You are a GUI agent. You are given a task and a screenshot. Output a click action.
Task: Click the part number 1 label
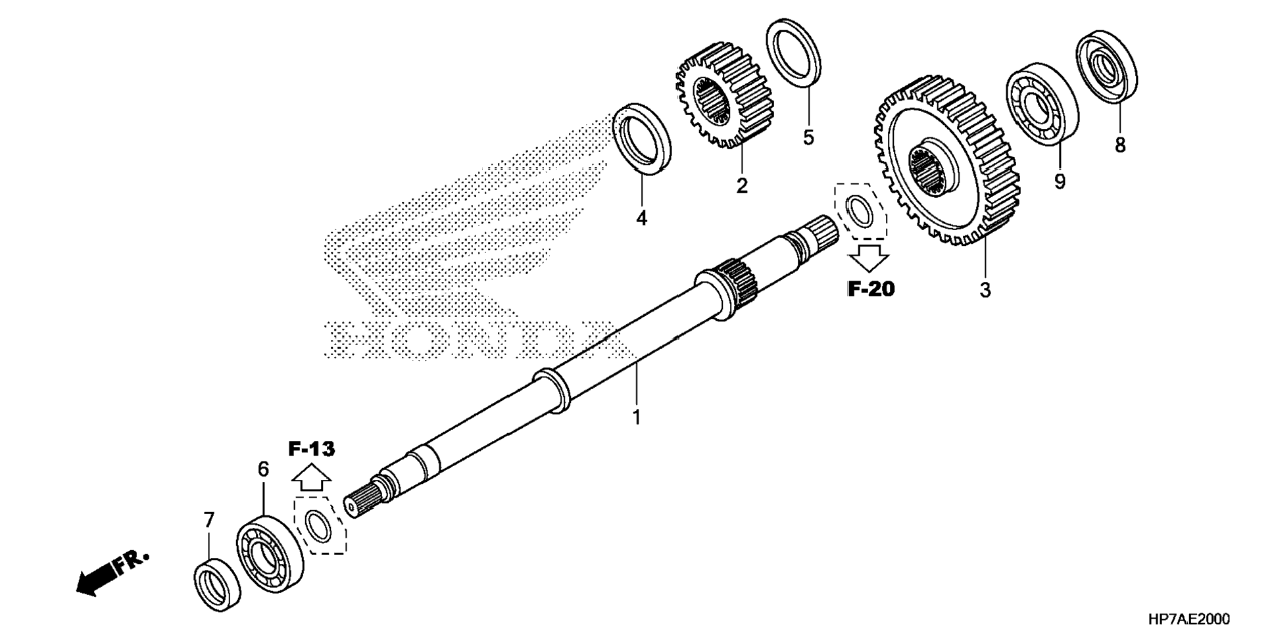point(636,417)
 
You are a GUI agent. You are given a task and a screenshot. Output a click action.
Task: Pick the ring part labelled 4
point(642,139)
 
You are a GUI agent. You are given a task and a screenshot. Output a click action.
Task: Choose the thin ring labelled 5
point(794,53)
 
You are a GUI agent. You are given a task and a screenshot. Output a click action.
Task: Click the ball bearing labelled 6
point(270,555)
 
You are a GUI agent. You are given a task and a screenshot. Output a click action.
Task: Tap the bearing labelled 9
point(1042,103)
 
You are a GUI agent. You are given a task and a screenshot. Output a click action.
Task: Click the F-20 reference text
point(871,289)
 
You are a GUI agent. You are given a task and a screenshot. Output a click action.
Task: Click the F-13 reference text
point(311,450)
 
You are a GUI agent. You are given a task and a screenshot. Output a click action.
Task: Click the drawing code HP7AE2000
point(1188,619)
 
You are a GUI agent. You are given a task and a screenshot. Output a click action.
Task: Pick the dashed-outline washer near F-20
point(859,210)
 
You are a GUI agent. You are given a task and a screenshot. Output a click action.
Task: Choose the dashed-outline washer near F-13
point(320,526)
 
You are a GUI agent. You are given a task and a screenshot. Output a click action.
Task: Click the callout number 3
point(985,290)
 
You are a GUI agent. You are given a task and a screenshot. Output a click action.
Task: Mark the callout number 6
point(263,469)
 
